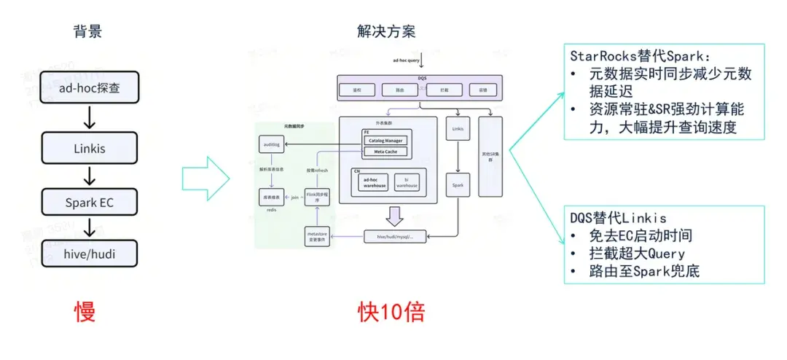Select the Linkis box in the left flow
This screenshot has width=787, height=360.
[90, 148]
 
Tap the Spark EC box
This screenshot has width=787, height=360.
[90, 203]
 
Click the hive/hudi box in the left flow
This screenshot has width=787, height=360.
[90, 254]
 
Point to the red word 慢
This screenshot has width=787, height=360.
[85, 311]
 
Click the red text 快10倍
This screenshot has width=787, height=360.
[391, 311]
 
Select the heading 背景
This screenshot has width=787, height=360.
[87, 31]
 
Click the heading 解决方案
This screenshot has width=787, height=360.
[386, 31]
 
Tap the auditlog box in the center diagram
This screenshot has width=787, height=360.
[271, 146]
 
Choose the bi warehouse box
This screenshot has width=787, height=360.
[407, 183]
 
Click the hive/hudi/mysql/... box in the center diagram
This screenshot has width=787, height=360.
[394, 237]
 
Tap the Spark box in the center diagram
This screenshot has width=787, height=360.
[458, 185]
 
